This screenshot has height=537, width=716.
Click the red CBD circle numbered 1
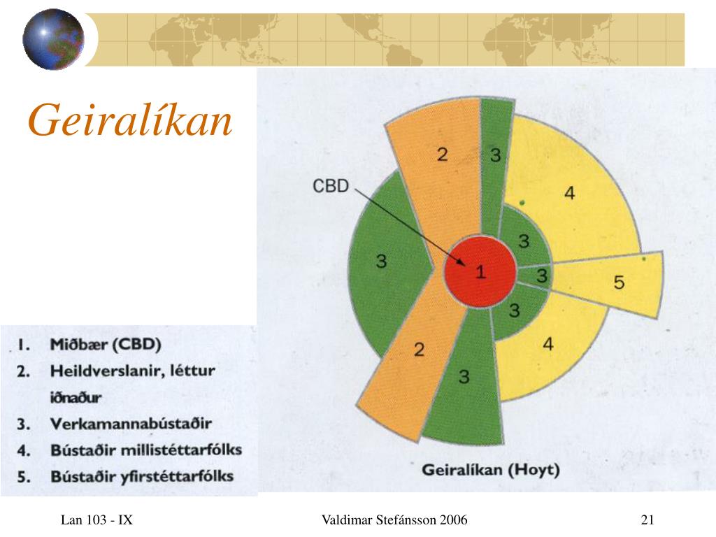480,272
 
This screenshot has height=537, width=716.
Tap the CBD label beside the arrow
331,186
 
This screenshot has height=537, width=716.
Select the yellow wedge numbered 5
608,284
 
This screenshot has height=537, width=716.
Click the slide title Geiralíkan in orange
130,120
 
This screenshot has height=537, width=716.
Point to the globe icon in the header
53,39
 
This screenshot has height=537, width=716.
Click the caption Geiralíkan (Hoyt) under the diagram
490,470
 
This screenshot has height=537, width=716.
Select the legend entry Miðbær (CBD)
106,344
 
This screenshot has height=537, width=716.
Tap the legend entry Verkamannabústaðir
131,424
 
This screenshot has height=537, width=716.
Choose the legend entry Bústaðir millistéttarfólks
146,450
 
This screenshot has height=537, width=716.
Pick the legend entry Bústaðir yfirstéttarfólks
142,477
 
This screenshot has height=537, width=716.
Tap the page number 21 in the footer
647,520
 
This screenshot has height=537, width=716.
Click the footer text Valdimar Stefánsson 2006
394,520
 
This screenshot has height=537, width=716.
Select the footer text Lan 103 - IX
96,520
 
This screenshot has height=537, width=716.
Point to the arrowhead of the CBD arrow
464,265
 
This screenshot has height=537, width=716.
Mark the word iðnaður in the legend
76,397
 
